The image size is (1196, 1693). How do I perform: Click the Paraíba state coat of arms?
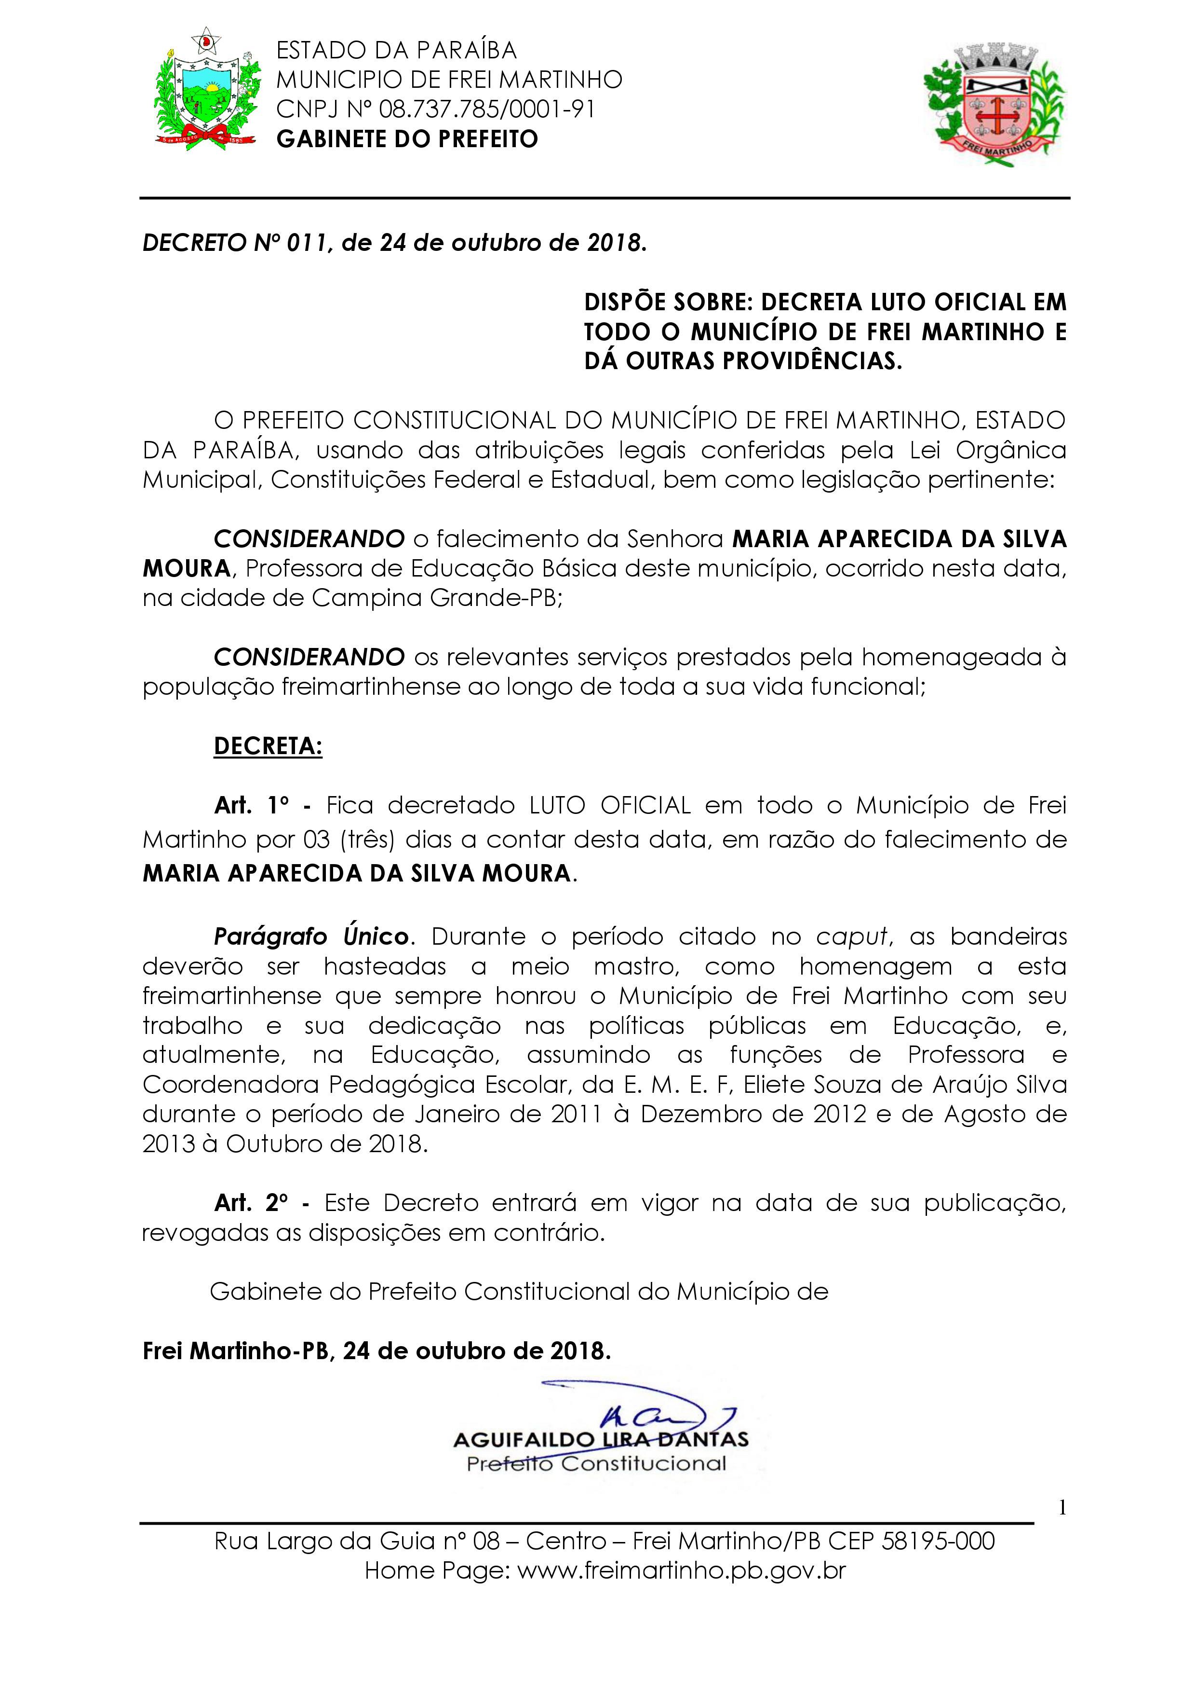click(x=208, y=89)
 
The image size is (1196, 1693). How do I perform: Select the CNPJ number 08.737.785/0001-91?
click(x=486, y=109)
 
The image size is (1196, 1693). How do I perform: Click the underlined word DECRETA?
click(x=268, y=746)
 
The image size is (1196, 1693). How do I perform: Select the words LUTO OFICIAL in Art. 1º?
click(x=610, y=805)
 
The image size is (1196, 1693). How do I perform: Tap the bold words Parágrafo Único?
click(x=311, y=936)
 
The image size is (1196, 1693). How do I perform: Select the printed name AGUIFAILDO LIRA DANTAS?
click(x=601, y=1439)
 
